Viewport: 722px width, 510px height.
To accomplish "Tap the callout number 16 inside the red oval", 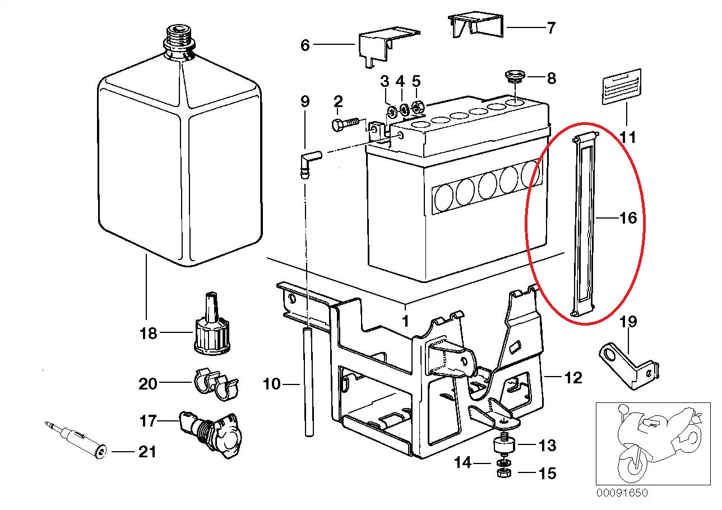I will pos(628,217).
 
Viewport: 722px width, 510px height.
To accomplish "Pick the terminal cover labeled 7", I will pos(476,25).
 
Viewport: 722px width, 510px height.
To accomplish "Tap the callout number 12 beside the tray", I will pos(573,378).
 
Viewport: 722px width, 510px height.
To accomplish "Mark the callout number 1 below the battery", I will pos(405,321).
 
